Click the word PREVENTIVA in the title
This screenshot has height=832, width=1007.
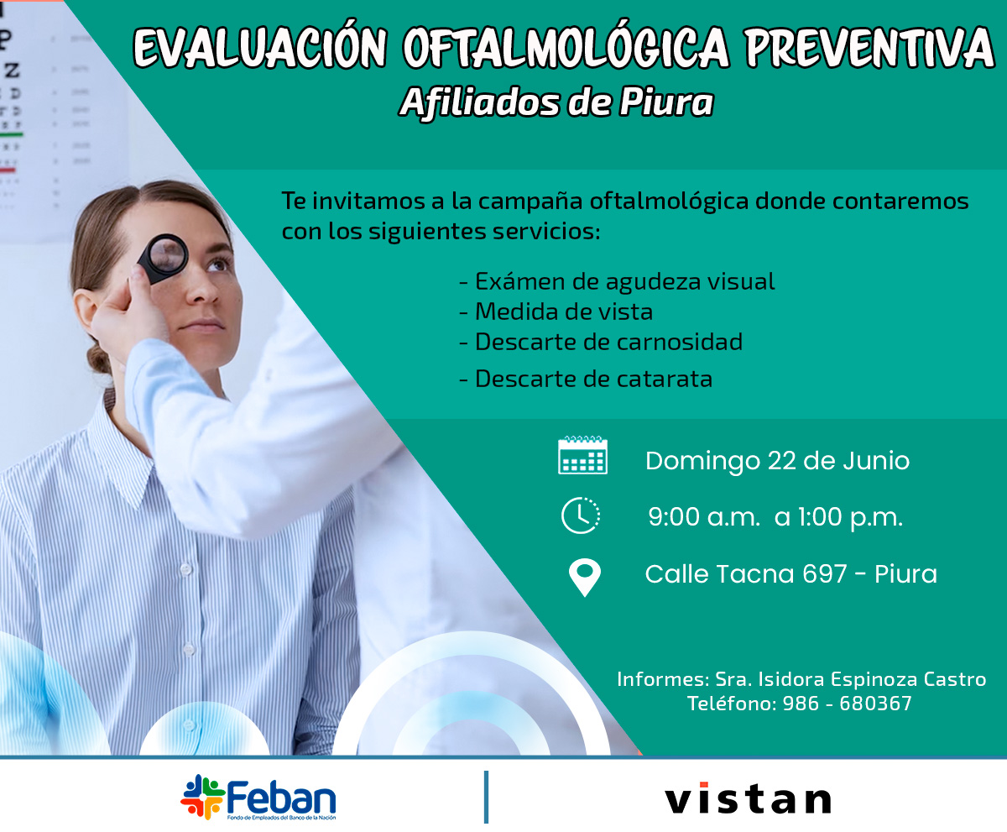(869, 48)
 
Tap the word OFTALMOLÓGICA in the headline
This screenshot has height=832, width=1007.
(566, 47)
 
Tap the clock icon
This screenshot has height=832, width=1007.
(581, 515)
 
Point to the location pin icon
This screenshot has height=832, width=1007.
(585, 578)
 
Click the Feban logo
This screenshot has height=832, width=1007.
(258, 798)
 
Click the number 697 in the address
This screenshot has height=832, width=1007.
(824, 573)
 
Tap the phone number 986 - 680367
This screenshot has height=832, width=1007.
(847, 704)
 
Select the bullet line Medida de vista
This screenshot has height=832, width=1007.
(556, 311)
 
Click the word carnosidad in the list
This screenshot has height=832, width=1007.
(680, 342)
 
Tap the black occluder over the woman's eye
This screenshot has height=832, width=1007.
(163, 259)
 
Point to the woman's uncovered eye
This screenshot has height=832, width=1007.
(218, 265)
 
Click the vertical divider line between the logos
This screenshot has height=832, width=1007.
(486, 797)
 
